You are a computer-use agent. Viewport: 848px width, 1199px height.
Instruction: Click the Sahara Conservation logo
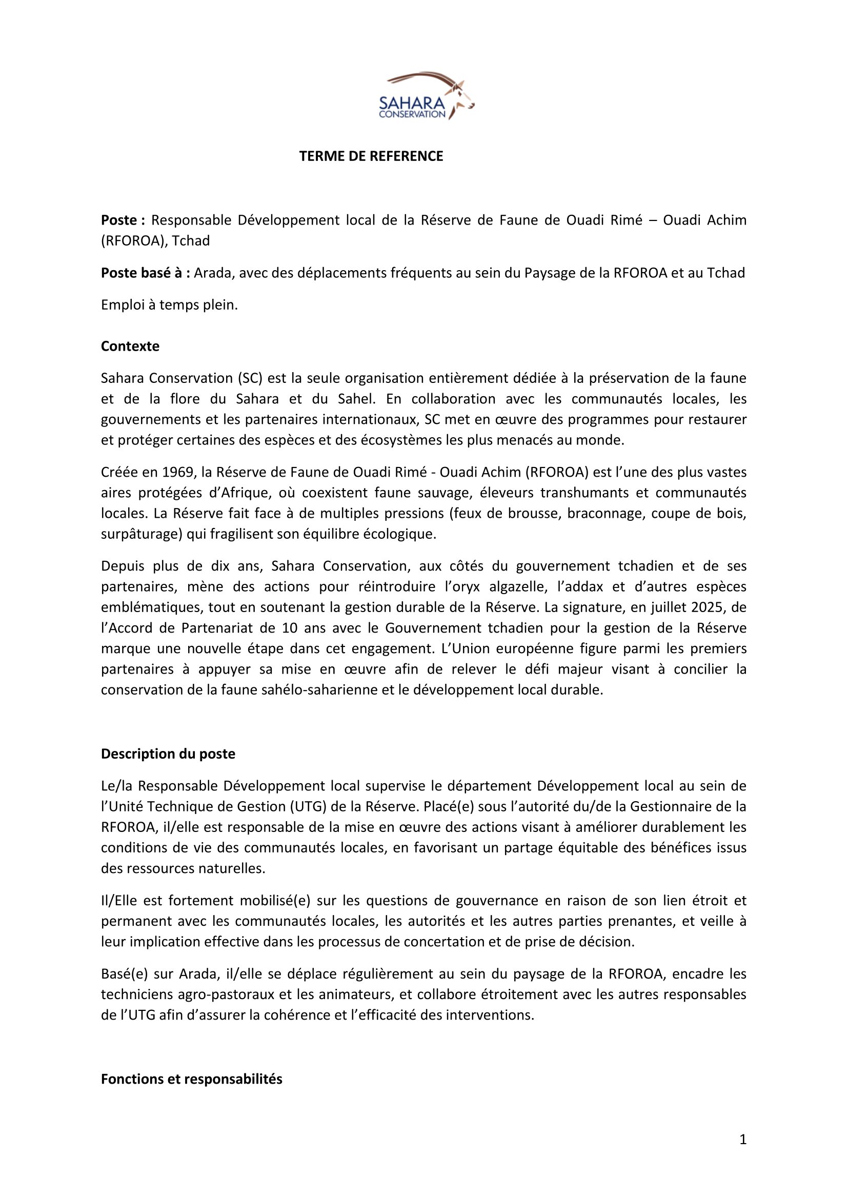click(x=426, y=96)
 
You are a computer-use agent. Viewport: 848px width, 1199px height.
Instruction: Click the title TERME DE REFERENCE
click(x=371, y=156)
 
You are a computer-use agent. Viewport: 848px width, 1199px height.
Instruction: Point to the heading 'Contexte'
click(x=130, y=346)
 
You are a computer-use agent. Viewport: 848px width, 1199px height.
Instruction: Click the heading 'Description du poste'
click(x=168, y=754)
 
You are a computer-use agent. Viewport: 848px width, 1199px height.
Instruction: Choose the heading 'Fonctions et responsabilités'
click(x=191, y=1079)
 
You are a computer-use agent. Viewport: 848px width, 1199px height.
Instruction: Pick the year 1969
click(x=177, y=472)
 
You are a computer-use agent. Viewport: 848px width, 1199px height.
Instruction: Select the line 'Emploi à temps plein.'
click(x=169, y=305)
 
